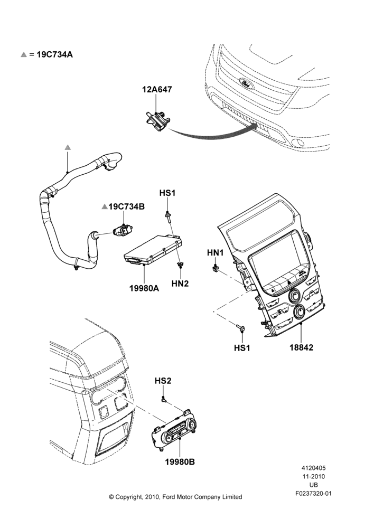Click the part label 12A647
pos(157,89)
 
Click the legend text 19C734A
pos(54,54)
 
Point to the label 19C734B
pos(126,206)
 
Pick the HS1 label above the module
pos(167,193)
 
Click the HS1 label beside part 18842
pos(242,348)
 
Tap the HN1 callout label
pos(216,252)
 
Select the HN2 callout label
pos(180,284)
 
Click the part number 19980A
pos(144,288)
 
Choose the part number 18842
pos(301,347)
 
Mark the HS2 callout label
pos(163,381)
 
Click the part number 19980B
pos(180,461)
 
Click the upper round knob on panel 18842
pos(295,295)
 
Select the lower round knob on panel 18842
pos(299,312)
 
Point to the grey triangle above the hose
pos(68,147)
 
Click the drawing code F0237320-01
pos(313,494)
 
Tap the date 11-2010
pos(313,476)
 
